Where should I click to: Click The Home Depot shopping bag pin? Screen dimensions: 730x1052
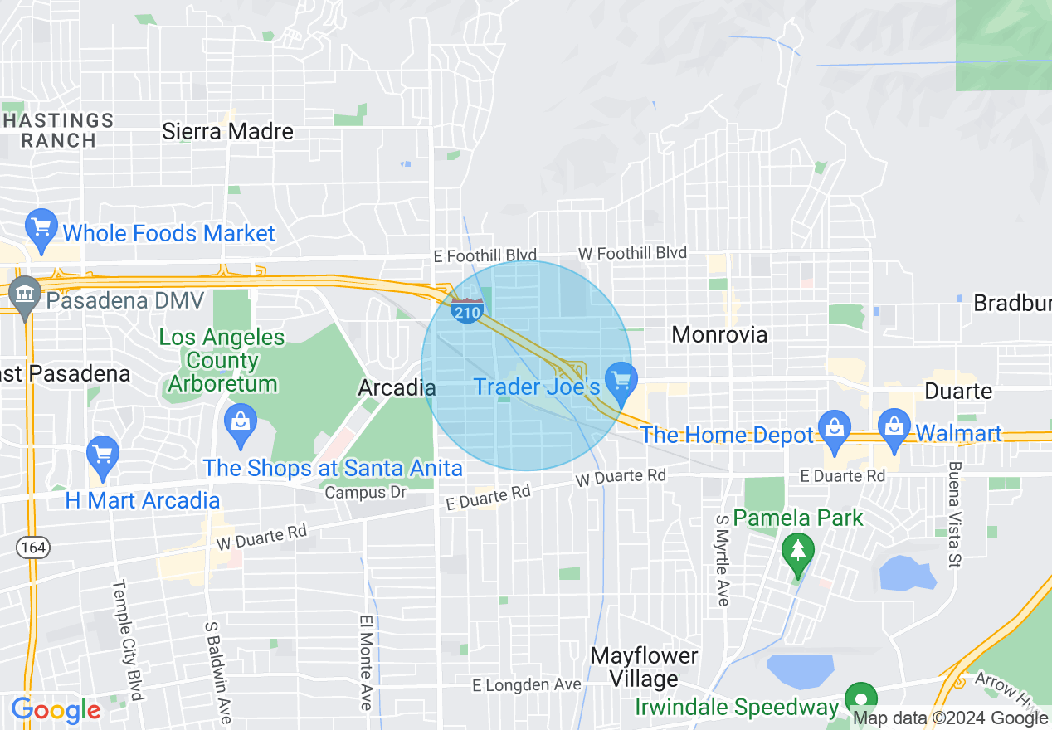pos(834,428)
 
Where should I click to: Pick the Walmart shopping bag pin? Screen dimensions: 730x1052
pos(894,428)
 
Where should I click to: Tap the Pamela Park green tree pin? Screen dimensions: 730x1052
pos(797,552)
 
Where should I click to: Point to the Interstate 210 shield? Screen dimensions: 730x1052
pos(468,312)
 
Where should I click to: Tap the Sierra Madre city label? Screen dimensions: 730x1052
pos(227,131)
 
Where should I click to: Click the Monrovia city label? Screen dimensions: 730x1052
pos(719,334)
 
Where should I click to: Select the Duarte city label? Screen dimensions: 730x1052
pos(959,391)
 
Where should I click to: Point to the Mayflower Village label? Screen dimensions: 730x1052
pos(644,667)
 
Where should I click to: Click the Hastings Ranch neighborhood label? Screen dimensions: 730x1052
pos(58,130)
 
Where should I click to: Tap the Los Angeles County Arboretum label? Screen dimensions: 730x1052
pos(222,361)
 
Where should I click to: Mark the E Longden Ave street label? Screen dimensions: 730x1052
pos(527,685)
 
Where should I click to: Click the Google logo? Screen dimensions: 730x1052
pos(56,711)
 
